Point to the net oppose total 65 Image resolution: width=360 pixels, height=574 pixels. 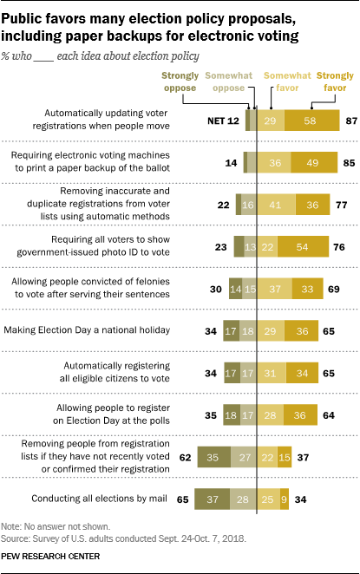(x=185, y=500)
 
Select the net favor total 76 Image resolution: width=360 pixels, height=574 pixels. (x=341, y=245)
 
